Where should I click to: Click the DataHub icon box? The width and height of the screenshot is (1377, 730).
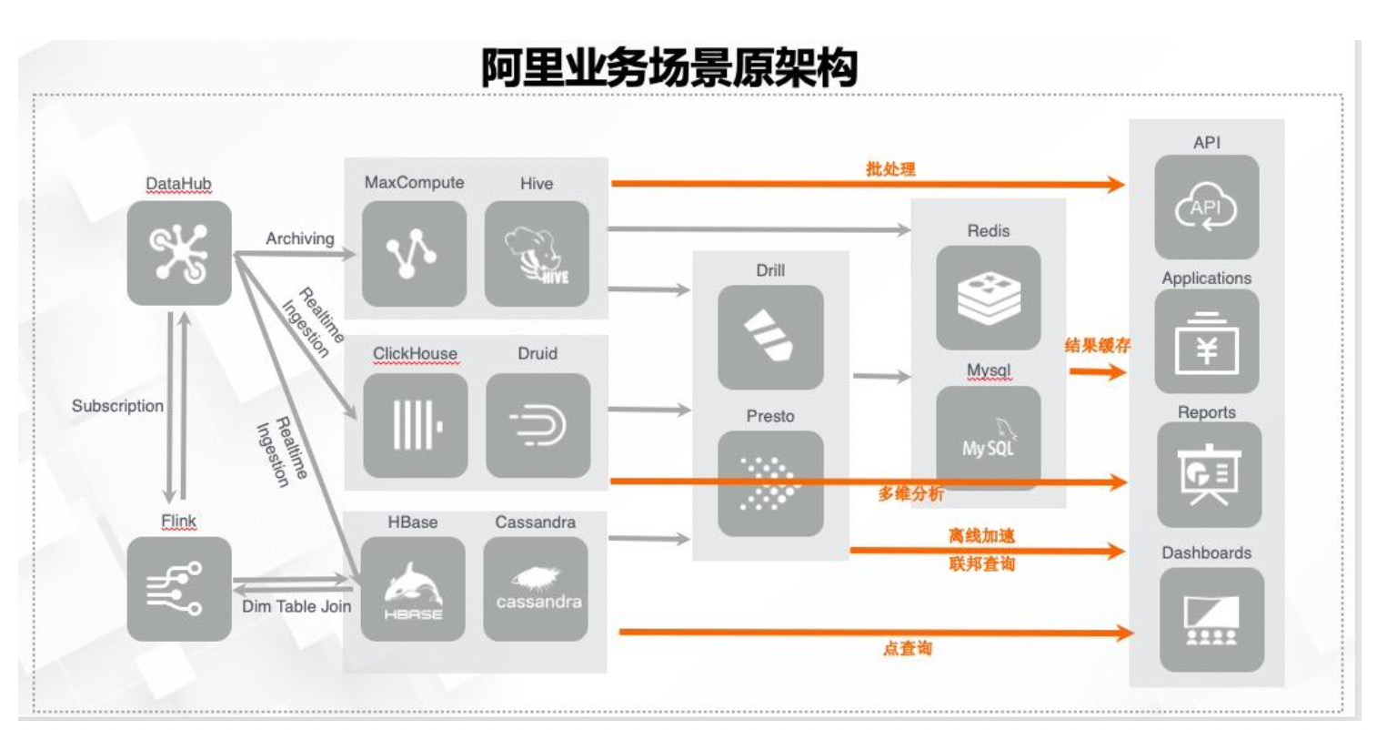point(179,253)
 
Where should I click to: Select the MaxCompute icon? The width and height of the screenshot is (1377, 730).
point(414,254)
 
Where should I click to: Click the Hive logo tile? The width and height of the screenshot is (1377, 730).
point(537,254)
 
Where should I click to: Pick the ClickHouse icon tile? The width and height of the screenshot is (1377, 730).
point(416,425)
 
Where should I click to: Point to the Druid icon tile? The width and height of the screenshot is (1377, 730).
point(538,425)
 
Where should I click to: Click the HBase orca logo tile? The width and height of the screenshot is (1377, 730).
point(413,589)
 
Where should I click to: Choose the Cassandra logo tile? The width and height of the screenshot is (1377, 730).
point(536,589)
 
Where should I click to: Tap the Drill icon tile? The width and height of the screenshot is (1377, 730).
point(770,338)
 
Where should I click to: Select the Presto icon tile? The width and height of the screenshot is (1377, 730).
point(770,483)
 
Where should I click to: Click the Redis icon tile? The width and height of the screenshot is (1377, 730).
point(989,298)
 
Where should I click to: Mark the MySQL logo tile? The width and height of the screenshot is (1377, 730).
point(989,438)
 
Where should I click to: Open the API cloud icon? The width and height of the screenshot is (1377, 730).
point(1207,208)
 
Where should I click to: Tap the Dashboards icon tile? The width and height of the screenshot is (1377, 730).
point(1207,620)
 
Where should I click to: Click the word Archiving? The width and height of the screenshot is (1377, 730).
point(300,238)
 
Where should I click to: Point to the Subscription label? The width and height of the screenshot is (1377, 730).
point(118,406)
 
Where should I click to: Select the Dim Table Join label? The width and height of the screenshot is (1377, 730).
point(297,606)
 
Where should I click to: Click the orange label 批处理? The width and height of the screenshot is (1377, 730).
point(890,168)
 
